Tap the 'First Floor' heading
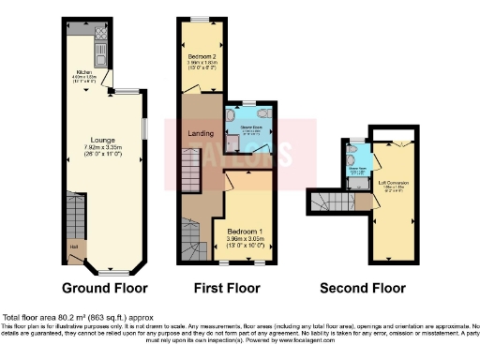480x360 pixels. (219, 288)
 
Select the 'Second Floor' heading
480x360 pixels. (363, 288)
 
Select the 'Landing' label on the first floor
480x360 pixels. (201, 133)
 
